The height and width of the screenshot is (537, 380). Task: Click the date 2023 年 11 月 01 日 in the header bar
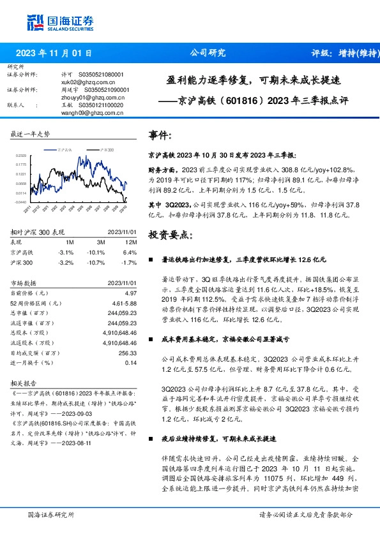[53, 54]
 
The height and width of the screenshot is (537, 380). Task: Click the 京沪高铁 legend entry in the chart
[62, 148]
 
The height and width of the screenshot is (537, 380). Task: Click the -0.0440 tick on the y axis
[21, 202]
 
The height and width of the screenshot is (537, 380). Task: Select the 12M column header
[132, 243]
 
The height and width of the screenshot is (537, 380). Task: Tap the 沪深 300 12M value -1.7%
[129, 261]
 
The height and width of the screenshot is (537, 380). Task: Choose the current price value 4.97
[131, 292]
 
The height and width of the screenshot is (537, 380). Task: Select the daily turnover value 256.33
[128, 353]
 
